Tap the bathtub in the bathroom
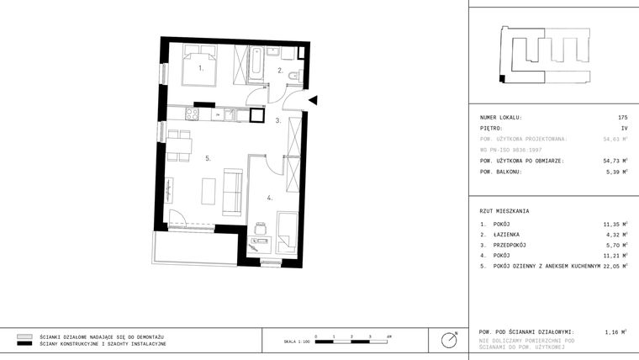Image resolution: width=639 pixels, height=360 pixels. (255, 64)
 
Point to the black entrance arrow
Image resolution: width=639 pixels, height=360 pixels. (312, 101)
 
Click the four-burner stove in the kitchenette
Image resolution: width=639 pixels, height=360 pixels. (192, 115)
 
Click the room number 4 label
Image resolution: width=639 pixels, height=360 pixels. (269, 199)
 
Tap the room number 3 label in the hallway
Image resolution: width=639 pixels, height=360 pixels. (277, 121)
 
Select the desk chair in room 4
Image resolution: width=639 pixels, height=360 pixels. (261, 228)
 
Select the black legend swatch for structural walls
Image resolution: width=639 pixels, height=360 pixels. (24, 344)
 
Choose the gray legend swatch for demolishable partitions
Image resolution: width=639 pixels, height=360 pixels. (24, 336)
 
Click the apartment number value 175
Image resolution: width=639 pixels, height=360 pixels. (622, 117)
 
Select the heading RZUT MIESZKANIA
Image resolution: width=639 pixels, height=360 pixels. (504, 211)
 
